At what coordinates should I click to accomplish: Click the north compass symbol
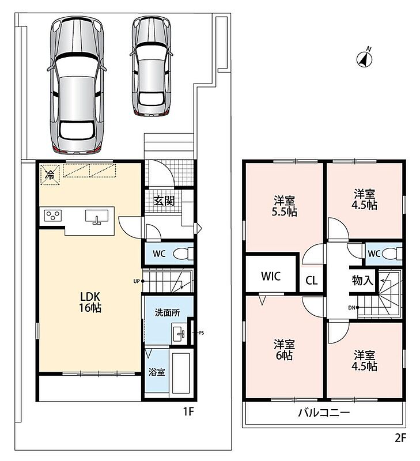[x=364, y=58]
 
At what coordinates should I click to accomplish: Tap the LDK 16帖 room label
[x=90, y=302]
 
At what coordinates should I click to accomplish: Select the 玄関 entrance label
[x=164, y=201]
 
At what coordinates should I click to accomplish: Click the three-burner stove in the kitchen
[x=53, y=216]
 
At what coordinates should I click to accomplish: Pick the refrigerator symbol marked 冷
[x=50, y=175]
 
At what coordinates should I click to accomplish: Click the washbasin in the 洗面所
[x=179, y=334]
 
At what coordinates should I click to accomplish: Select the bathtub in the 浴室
[x=180, y=373]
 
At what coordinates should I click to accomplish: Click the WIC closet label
[x=271, y=277]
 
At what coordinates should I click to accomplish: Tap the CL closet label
[x=312, y=281]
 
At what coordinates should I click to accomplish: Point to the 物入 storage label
[x=363, y=280]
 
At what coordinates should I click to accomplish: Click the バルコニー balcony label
[x=324, y=413]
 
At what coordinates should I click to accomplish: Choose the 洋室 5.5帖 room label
[x=284, y=206]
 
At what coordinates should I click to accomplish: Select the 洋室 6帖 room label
[x=284, y=350]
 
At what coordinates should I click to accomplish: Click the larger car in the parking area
[x=77, y=85]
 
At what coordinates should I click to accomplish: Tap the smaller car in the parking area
[x=152, y=65]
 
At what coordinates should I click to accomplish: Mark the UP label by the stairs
[x=137, y=281]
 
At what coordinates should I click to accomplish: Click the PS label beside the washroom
[x=201, y=333]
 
